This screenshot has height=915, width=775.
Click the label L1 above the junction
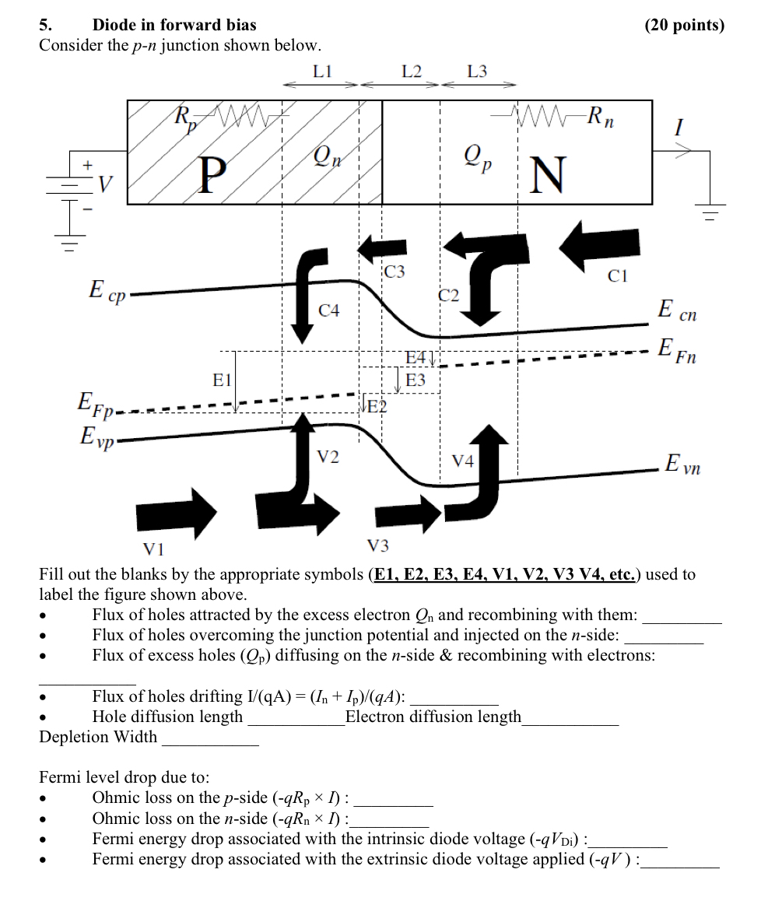(323, 71)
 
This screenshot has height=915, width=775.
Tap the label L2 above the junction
(412, 71)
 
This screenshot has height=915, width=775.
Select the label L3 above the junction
(477, 71)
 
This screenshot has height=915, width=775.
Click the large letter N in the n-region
(548, 176)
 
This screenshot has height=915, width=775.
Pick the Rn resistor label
(604, 117)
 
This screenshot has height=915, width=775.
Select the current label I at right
(679, 128)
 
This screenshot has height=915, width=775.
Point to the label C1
(617, 275)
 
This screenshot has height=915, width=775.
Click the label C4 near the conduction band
(329, 310)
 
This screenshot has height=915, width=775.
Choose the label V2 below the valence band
(328, 457)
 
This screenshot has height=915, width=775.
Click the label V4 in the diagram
(463, 461)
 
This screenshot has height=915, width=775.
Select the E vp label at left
(96, 437)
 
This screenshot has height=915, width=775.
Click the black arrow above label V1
(176, 512)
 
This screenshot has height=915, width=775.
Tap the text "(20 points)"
(684, 25)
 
